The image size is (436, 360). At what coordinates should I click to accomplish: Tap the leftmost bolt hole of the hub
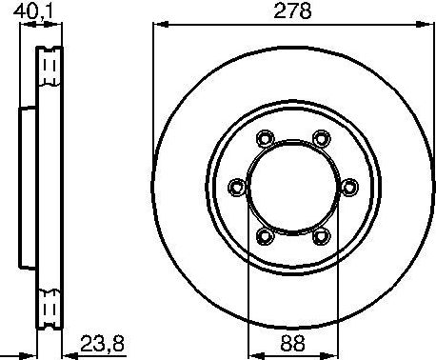[237, 187]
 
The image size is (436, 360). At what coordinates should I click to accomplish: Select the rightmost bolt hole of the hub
[348, 186]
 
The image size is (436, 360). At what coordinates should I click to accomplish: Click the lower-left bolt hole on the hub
[265, 233]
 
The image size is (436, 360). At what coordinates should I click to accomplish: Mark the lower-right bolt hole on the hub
[321, 233]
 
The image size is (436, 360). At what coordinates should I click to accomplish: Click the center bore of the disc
[292, 187]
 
